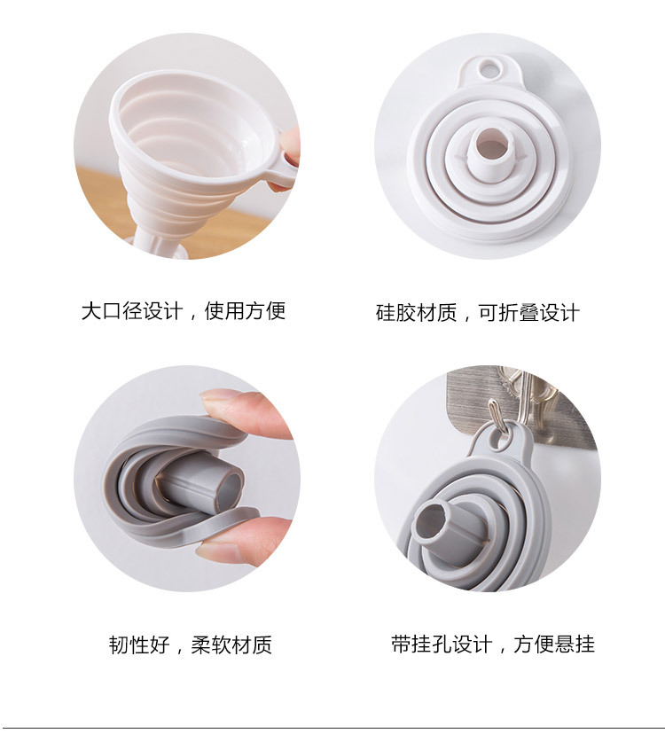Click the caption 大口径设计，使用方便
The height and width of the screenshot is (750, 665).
184,311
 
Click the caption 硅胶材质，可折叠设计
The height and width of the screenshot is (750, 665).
477,313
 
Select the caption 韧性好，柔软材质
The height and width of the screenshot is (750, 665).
190,645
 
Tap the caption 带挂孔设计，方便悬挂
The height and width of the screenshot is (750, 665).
492,645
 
